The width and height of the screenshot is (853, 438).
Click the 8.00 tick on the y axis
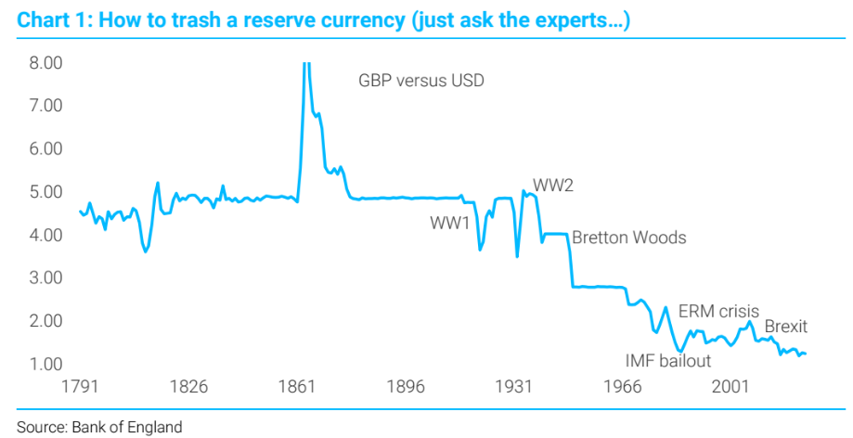pyautogui.click(x=45, y=63)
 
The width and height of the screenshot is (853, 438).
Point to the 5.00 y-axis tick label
pyautogui.click(x=45, y=192)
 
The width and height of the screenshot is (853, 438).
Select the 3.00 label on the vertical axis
pyautogui.click(x=45, y=277)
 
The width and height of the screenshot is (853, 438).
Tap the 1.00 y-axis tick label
pyautogui.click(x=45, y=364)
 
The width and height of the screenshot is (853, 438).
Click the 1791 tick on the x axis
pyautogui.click(x=81, y=386)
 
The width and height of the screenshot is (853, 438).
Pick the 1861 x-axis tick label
pyautogui.click(x=298, y=386)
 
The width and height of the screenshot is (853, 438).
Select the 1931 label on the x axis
pyautogui.click(x=514, y=386)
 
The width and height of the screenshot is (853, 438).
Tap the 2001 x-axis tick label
pyautogui.click(x=731, y=386)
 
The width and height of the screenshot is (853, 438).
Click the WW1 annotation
pyautogui.click(x=449, y=223)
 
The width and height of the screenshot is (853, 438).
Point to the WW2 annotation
pyautogui.click(x=553, y=185)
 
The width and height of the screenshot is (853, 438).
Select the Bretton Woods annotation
pyautogui.click(x=628, y=238)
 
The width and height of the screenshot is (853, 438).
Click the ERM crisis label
pyautogui.click(x=718, y=311)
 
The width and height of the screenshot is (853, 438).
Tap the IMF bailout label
pyautogui.click(x=667, y=361)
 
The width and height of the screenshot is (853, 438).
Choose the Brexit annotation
pyautogui.click(x=785, y=327)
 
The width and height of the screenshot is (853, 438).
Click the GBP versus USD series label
pyautogui.click(x=421, y=81)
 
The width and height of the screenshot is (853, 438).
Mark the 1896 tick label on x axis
pyautogui.click(x=407, y=386)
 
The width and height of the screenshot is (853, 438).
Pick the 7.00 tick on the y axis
pyautogui.click(x=45, y=106)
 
